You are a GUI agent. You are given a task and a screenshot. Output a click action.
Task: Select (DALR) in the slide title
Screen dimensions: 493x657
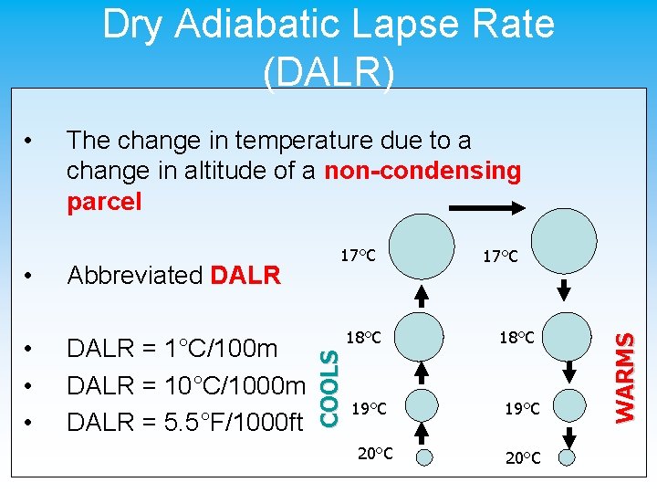pyautogui.click(x=328, y=70)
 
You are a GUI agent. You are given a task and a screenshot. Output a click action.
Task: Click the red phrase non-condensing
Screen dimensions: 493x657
pyautogui.click(x=422, y=171)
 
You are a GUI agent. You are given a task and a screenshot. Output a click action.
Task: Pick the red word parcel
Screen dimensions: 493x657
pyautogui.click(x=104, y=202)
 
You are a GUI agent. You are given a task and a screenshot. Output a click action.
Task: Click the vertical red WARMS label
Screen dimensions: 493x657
pyautogui.click(x=624, y=376)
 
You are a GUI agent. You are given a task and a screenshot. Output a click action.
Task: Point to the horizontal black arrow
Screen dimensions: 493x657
pyautogui.click(x=490, y=209)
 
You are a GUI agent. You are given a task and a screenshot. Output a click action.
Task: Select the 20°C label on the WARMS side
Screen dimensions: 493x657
pyautogui.click(x=521, y=456)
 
